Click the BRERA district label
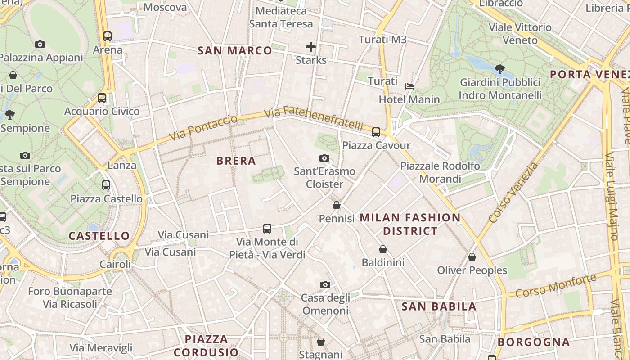(x=236, y=161)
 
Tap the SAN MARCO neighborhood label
(x=235, y=51)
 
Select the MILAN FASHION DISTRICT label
(x=410, y=224)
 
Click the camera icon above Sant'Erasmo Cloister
(x=324, y=158)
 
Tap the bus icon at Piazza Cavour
(x=376, y=132)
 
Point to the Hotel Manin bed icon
(x=409, y=86)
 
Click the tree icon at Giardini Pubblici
(x=499, y=69)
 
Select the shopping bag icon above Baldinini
(x=382, y=249)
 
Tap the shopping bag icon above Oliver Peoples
(x=472, y=257)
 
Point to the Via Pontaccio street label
(x=203, y=128)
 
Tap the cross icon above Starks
(x=310, y=47)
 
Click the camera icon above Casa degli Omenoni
(x=325, y=284)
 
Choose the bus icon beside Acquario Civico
(x=102, y=98)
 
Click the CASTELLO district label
(x=99, y=236)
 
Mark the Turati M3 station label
(x=382, y=40)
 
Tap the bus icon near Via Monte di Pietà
(x=267, y=229)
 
